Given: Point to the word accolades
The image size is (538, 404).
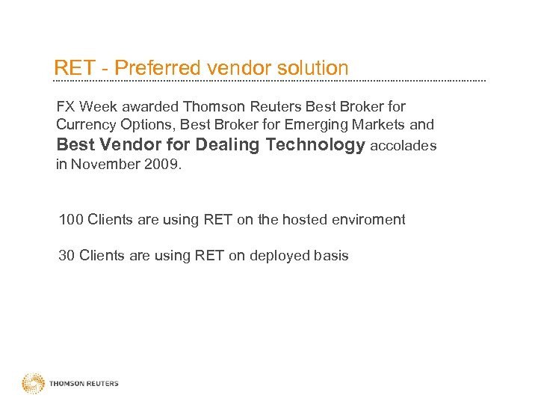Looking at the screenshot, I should pos(403,146).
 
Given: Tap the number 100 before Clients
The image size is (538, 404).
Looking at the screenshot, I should pos(71,219).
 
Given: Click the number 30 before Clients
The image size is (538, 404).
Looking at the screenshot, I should pos(67,255).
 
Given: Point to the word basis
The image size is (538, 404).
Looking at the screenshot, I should pos(330,255).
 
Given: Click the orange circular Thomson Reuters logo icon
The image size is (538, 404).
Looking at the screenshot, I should pos(34,384).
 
